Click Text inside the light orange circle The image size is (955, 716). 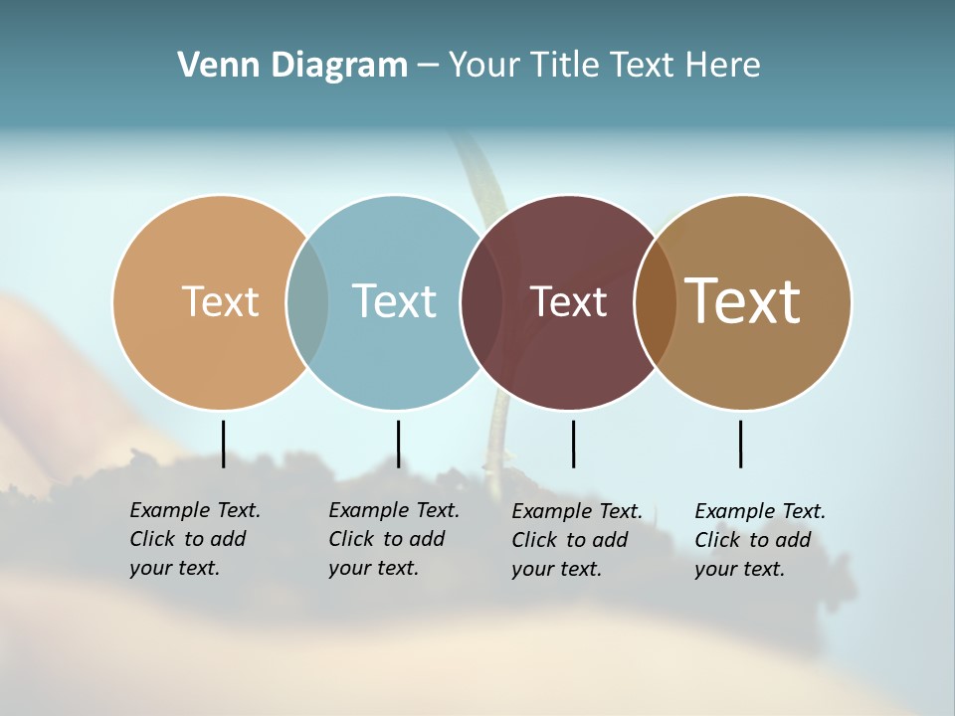click(x=220, y=301)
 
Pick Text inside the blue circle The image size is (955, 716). click(x=394, y=301)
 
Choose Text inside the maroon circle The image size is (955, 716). click(x=568, y=301)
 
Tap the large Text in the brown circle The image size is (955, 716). click(x=742, y=301)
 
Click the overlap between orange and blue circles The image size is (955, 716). click(x=307, y=301)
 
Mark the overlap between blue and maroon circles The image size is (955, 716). click(x=481, y=301)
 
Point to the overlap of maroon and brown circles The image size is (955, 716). click(x=655, y=301)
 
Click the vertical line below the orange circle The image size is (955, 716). click(x=223, y=444)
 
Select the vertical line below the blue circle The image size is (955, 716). click(x=398, y=444)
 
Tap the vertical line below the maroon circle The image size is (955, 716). click(x=573, y=444)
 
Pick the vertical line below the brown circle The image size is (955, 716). click(x=740, y=444)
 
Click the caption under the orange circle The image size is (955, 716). click(x=194, y=539)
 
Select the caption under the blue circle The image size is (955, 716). click(x=393, y=539)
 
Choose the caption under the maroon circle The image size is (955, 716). click(x=576, y=540)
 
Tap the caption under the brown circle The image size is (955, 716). click(x=759, y=540)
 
